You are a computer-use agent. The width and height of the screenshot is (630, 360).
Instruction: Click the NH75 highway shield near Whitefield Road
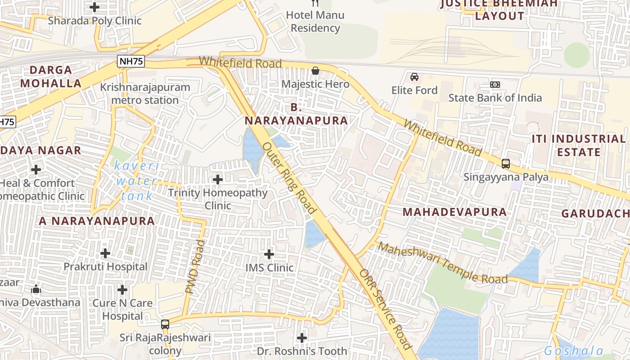tap(131, 62)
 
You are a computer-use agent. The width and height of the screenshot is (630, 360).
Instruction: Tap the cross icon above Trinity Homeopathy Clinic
tap(218, 180)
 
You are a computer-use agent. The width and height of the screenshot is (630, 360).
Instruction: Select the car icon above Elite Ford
tap(414, 77)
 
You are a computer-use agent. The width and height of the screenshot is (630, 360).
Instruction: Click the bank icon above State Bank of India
tap(495, 85)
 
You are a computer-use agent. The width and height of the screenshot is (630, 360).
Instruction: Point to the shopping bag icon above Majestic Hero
tap(315, 71)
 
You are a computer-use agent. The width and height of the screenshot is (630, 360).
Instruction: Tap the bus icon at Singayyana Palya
tap(506, 164)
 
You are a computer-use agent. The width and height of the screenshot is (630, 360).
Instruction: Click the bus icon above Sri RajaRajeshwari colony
tap(165, 324)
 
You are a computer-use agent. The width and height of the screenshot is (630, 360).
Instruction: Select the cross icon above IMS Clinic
tap(269, 254)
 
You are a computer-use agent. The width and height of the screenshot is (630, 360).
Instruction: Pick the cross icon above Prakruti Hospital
tap(105, 253)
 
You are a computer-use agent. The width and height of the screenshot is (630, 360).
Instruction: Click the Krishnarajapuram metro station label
tap(145, 94)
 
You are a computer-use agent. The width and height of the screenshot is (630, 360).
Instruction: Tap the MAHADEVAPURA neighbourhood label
tap(454, 212)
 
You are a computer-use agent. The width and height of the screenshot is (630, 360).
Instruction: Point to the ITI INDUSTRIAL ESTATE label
tap(578, 145)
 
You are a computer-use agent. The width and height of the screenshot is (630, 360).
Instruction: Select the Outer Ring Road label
tap(289, 178)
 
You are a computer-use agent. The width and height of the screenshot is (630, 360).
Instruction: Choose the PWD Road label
tap(195, 267)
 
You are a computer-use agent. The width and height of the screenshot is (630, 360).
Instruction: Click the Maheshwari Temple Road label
tap(443, 263)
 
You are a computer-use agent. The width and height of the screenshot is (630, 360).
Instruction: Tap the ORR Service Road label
tap(385, 310)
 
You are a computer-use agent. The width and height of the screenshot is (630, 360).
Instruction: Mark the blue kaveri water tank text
tap(137, 181)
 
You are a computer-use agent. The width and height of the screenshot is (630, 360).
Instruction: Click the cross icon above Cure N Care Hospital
tap(122, 289)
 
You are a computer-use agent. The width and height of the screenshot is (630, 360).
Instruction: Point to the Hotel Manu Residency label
tap(315, 21)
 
